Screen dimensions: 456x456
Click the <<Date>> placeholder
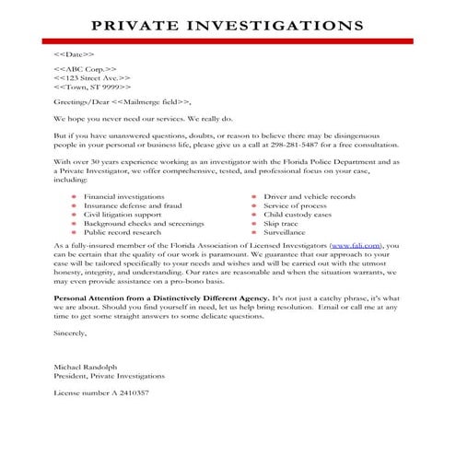coord(74,56)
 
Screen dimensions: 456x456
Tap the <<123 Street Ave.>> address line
coord(93,79)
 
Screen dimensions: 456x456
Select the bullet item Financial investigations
coord(124,197)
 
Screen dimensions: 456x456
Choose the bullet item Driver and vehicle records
coord(310,197)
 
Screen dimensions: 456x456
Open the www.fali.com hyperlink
coord(351,247)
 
